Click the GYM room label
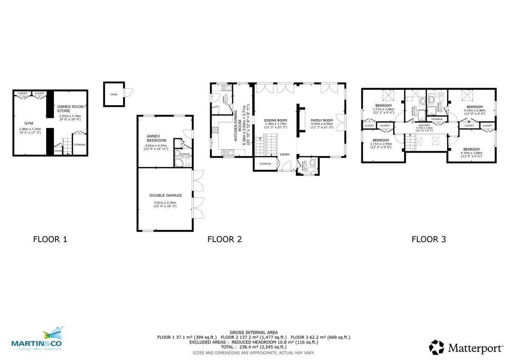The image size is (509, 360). click(x=28, y=123)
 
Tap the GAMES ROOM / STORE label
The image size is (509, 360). click(x=71, y=109)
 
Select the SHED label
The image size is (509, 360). click(x=114, y=95)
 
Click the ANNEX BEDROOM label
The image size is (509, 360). click(x=156, y=138)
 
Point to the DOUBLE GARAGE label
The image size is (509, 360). click(x=165, y=195)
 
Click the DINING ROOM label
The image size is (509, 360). click(x=275, y=120)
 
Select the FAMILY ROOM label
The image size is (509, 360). click(x=322, y=120)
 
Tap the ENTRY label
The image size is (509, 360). click(x=284, y=154)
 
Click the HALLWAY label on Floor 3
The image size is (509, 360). click(x=424, y=126)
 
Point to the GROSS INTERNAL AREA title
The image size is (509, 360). click(x=254, y=332)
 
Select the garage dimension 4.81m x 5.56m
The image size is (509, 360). click(x=165, y=203)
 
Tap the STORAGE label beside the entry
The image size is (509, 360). click(x=265, y=164)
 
